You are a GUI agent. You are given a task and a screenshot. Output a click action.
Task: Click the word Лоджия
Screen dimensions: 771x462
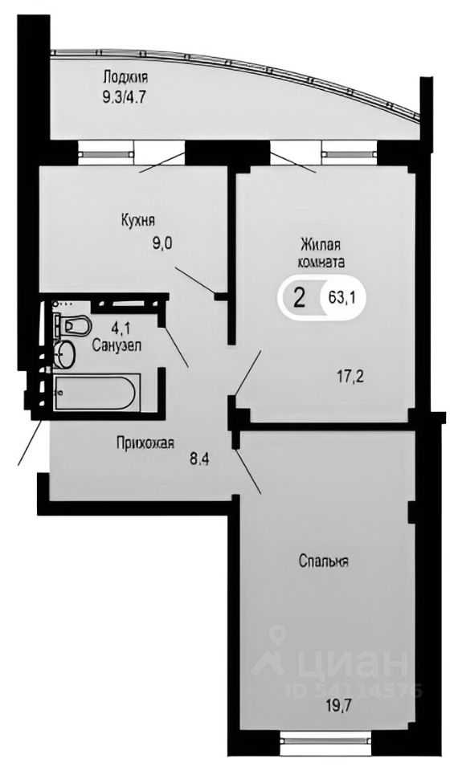coord(125,77)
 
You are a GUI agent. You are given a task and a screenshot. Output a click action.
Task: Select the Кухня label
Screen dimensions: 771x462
coord(137,219)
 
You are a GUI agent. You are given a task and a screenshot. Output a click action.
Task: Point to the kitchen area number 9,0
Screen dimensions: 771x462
coord(161,246)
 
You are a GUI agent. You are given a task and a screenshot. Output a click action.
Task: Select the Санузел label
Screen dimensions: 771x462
coord(117,345)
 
